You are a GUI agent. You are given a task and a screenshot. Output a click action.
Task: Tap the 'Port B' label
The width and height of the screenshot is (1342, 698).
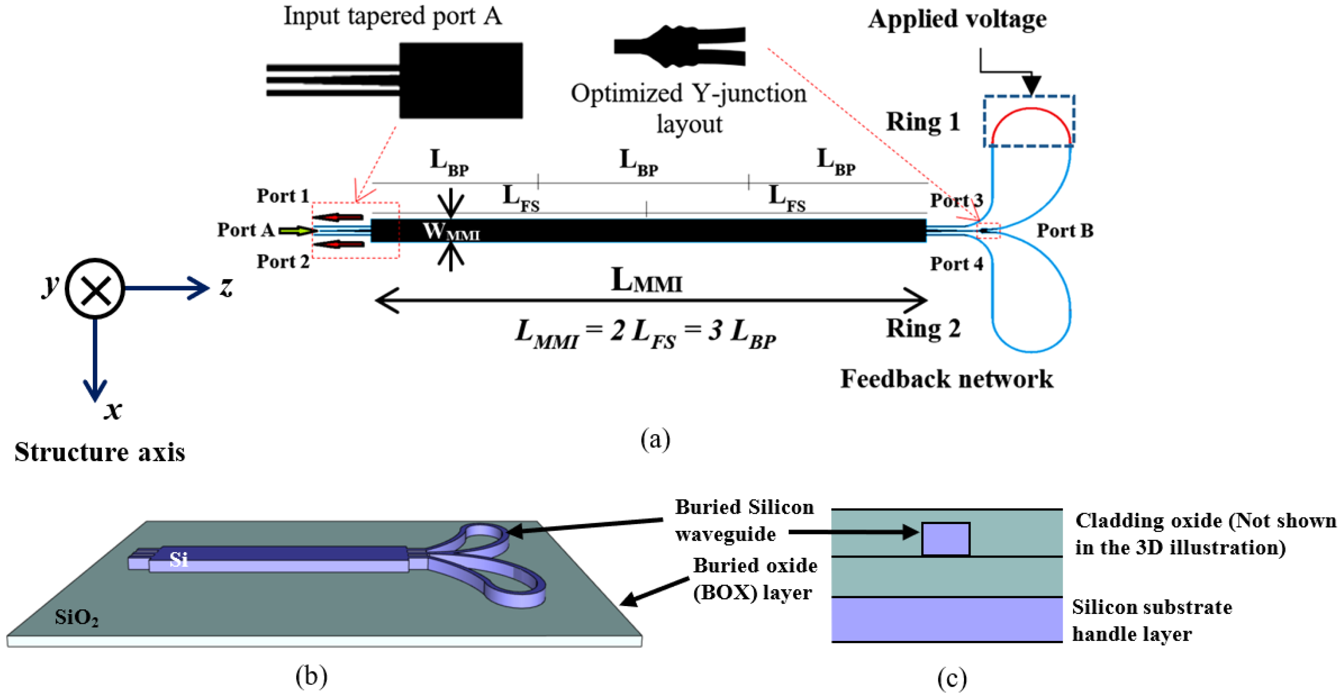[1064, 230]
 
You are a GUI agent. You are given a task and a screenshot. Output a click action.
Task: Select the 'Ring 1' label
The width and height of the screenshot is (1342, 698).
[923, 122]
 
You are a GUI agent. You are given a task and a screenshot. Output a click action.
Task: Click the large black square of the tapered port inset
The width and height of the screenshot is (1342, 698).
[460, 81]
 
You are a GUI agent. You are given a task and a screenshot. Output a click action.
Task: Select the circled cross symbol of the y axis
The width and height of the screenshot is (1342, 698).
[95, 289]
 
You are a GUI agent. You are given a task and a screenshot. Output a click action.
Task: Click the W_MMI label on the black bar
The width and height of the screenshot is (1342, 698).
[451, 231]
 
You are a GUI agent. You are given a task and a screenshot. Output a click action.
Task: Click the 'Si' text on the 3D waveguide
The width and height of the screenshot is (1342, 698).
[178, 560]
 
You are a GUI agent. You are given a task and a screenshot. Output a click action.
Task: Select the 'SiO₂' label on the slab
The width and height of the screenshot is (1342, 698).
[77, 618]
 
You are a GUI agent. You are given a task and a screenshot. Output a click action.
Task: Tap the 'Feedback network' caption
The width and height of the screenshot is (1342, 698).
[946, 379]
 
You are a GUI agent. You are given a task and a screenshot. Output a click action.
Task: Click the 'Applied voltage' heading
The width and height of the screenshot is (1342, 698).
[957, 19]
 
